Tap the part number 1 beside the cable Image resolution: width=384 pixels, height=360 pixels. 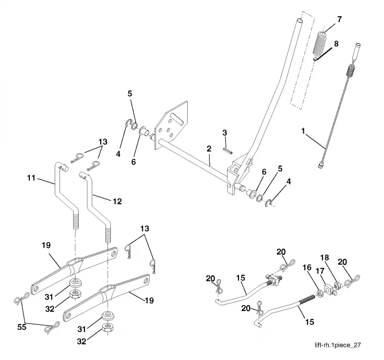[x=303, y=131]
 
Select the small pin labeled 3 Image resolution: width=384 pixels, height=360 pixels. [x=228, y=150]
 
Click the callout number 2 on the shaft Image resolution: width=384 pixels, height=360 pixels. [x=209, y=149]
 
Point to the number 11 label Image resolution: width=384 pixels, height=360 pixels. [x=31, y=178]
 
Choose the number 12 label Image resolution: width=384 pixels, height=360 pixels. [x=117, y=201]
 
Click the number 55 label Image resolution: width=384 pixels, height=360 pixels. [x=22, y=327]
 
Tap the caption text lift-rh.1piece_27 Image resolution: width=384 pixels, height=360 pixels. [x=338, y=345]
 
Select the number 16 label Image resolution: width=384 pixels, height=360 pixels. [x=307, y=267]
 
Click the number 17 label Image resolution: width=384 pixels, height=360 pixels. [x=320, y=271]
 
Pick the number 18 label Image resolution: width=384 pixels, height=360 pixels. [x=324, y=258]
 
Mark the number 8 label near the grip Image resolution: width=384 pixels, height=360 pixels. [x=336, y=44]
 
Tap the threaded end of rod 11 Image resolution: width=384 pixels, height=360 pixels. [x=76, y=220]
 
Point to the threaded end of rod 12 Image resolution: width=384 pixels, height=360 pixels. [x=108, y=234]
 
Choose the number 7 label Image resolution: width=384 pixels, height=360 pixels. [x=339, y=19]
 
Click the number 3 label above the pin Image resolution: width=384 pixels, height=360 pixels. [x=225, y=133]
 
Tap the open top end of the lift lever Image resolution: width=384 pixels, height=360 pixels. [x=300, y=21]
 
